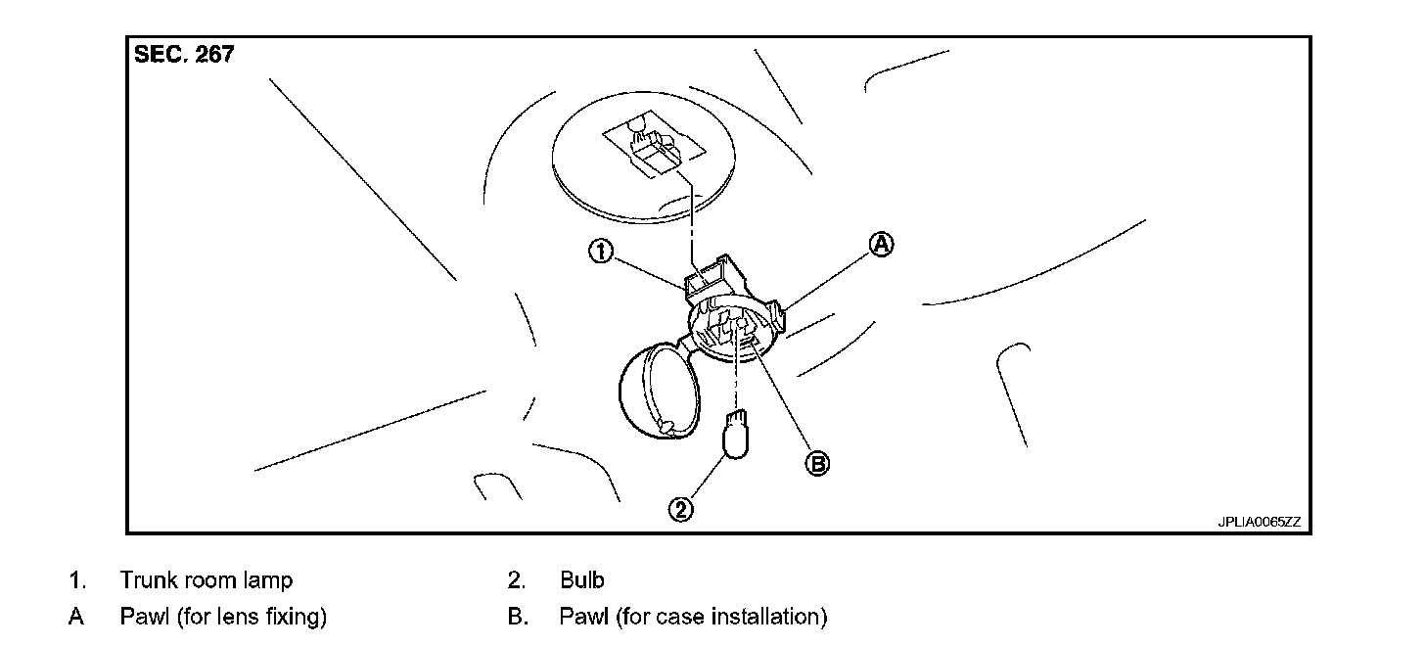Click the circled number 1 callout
600,252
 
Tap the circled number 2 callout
681,508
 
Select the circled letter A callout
882,246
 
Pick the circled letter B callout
816,463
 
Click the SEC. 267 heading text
184,55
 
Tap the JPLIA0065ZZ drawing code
1259,522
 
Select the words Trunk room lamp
206,580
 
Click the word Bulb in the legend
582,580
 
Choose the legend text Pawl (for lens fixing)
223,617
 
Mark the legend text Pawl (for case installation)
693,617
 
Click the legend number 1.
76,580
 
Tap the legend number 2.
517,580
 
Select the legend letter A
75,617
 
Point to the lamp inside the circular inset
654,147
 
